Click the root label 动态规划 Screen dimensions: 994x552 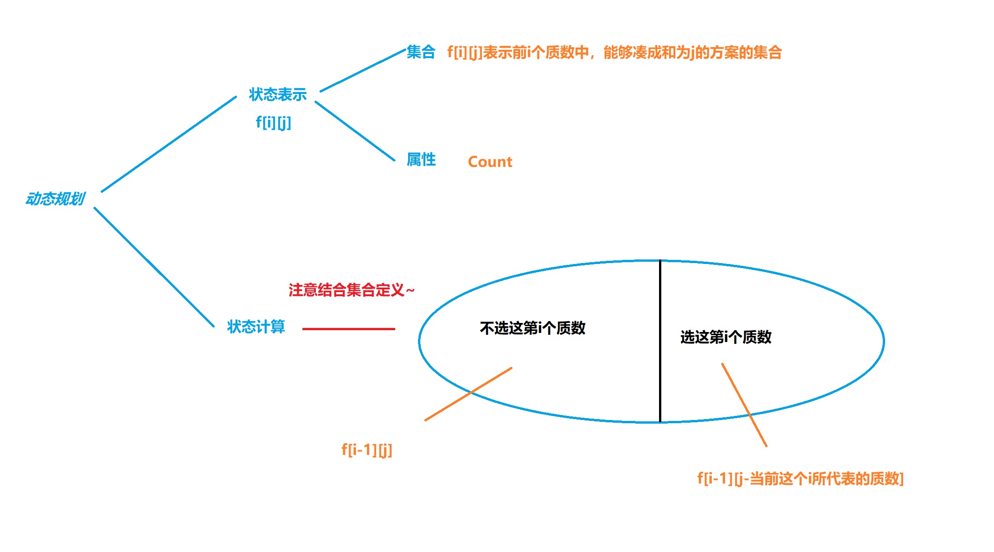click(x=55, y=199)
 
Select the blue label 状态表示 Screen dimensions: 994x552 click(x=278, y=94)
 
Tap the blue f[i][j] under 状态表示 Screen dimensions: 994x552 click(x=273, y=122)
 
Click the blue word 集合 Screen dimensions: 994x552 click(x=421, y=52)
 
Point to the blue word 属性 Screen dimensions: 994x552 click(x=421, y=160)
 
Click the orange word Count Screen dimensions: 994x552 click(x=490, y=162)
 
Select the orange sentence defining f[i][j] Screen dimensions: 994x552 click(x=614, y=53)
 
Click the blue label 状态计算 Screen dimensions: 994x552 click(x=256, y=327)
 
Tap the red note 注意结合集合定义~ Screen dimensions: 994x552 click(x=351, y=290)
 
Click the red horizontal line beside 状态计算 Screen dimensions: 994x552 click(x=349, y=329)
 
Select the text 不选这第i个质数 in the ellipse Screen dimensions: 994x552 click(x=532, y=328)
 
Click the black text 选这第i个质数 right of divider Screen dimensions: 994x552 click(x=726, y=337)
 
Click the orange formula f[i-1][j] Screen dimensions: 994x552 click(x=367, y=450)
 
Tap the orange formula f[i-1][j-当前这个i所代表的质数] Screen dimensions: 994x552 click(x=800, y=479)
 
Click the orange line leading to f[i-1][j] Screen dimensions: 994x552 click(x=468, y=394)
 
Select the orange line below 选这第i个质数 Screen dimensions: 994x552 click(x=744, y=405)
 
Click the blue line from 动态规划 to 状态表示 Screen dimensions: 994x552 click(x=169, y=144)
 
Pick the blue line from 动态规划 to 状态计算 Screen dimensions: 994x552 click(x=154, y=267)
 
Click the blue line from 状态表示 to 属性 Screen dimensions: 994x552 click(x=355, y=131)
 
